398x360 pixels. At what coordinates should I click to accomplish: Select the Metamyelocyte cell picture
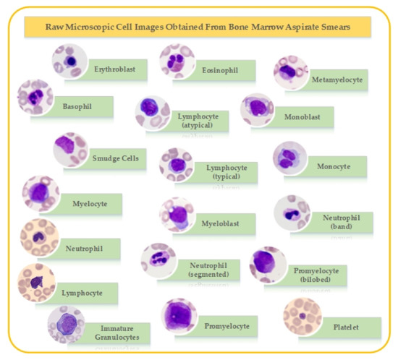pos(291,73)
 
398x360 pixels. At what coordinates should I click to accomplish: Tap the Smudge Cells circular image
pos(71,149)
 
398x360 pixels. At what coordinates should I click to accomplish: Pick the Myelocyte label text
pos(90,204)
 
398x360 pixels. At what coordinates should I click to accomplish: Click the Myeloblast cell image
pos(177,214)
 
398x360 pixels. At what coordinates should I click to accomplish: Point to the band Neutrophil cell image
pos(291,212)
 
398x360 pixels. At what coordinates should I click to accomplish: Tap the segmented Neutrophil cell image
pos(158,260)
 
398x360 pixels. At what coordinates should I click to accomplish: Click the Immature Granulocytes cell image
pos(66,324)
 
